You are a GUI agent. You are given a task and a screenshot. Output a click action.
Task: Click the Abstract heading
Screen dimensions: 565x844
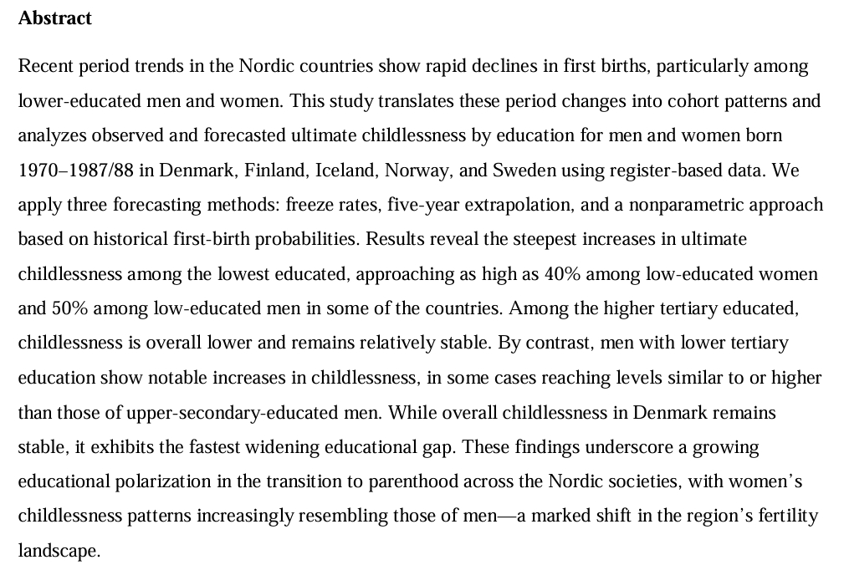coord(54,18)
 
